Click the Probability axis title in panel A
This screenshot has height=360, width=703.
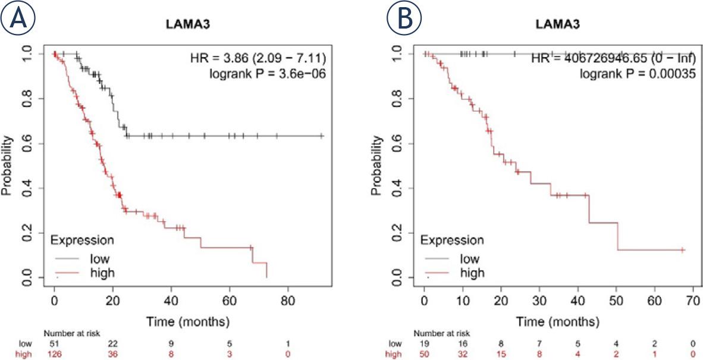(x=9, y=166)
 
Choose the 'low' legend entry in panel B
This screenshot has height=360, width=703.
(x=470, y=259)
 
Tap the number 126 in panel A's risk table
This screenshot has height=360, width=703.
(x=54, y=354)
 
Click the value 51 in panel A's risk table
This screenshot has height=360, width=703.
(x=54, y=345)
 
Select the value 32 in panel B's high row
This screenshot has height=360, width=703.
(x=462, y=354)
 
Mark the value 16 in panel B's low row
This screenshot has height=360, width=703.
(x=462, y=345)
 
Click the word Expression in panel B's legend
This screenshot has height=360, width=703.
(x=452, y=240)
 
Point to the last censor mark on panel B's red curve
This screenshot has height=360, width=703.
(x=682, y=250)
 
